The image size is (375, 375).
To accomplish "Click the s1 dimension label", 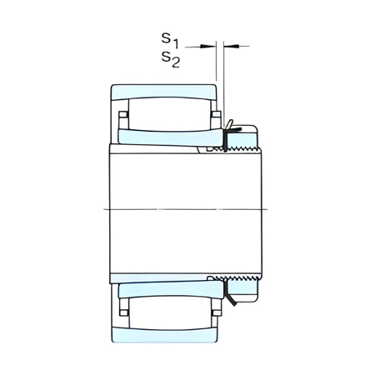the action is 170,40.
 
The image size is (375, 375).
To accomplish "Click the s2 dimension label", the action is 171,59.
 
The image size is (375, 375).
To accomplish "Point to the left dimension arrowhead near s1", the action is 207,47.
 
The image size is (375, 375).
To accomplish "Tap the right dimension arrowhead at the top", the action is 231,46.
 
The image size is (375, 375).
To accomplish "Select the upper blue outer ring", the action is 164,92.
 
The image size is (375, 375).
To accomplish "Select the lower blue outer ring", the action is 164,334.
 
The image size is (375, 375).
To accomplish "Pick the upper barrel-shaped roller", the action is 169,113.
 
